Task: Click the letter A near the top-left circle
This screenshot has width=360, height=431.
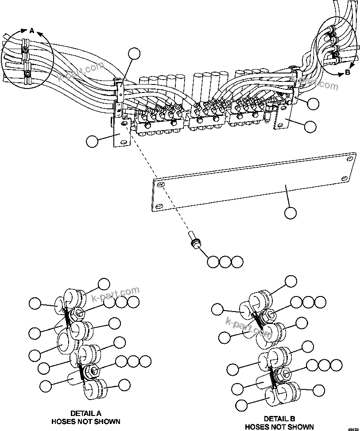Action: point(31,31)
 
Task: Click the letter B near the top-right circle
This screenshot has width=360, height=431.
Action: point(348,72)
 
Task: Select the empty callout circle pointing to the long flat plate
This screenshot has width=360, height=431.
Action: point(290,213)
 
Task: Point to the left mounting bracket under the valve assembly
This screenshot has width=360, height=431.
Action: point(120,135)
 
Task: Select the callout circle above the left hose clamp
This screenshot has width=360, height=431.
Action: point(134,54)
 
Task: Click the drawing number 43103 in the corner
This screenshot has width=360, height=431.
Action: point(352,429)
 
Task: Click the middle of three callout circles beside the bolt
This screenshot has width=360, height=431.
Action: point(225,262)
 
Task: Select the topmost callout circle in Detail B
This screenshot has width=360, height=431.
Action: point(291,281)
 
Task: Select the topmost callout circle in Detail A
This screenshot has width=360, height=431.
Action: point(104,284)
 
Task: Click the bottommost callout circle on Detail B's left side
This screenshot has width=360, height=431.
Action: point(241,405)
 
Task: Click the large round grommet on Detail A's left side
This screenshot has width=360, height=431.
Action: point(66,343)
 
